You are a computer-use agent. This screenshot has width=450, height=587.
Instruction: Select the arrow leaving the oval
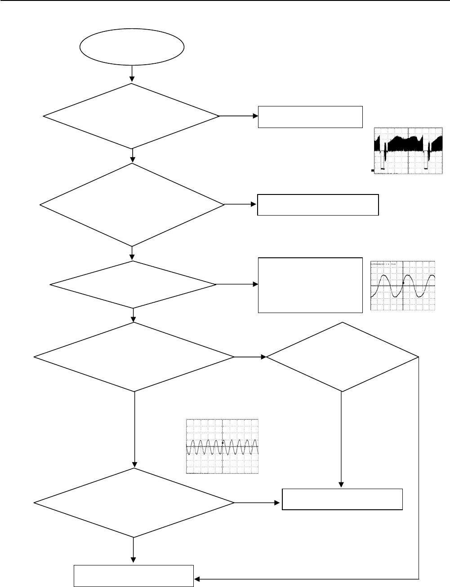tap(132, 74)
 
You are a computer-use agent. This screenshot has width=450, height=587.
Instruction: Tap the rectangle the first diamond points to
tap(310, 117)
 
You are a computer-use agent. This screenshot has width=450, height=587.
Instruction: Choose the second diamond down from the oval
tap(132, 205)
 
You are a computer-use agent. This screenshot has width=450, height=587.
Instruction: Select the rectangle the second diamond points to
tap(318, 205)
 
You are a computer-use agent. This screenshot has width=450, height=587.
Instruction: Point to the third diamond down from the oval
tap(133, 285)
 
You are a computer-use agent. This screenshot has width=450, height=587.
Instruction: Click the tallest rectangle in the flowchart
tap(310, 285)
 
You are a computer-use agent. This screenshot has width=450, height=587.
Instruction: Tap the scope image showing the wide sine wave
tap(403, 286)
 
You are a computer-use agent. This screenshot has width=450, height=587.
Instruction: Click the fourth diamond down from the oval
tap(134, 357)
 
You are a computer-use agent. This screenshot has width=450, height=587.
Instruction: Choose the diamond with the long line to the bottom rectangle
tap(343, 357)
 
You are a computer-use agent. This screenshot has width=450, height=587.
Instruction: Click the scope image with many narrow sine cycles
tap(223, 446)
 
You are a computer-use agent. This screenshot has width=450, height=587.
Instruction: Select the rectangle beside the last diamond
tap(342, 499)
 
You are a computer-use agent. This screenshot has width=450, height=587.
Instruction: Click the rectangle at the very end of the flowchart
tap(134, 576)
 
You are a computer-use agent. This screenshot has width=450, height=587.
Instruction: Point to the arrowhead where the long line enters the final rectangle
tap(196, 578)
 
